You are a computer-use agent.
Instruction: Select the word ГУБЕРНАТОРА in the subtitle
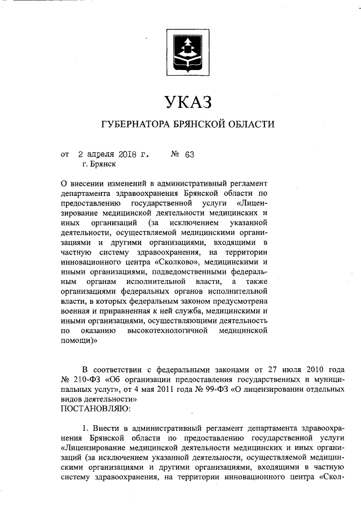135,124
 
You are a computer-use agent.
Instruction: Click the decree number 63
189,153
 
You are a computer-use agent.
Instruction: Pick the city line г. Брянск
99,164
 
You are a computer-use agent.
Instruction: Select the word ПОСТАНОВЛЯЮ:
95,407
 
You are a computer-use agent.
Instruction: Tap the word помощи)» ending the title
78,341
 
